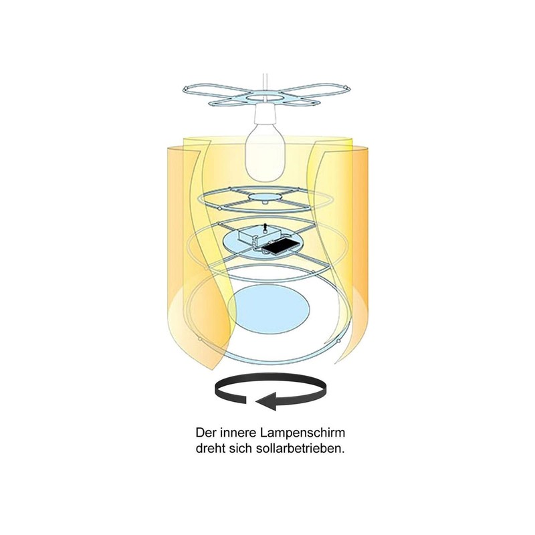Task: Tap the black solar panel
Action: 276,246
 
